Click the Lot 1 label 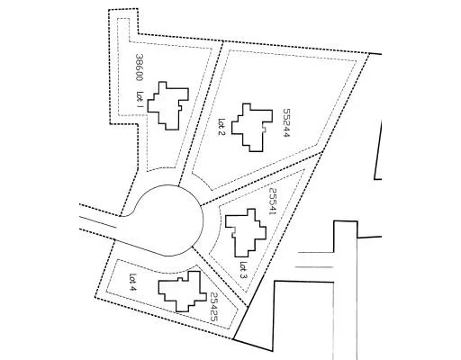[x=140, y=99]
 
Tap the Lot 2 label [x=221, y=127]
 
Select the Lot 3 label [x=244, y=270]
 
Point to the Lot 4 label [x=133, y=282]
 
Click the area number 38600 [x=139, y=67]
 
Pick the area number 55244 [x=286, y=122]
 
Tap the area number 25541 [x=272, y=202]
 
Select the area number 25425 [x=213, y=307]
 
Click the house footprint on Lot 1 [x=168, y=105]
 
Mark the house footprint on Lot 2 [x=252, y=128]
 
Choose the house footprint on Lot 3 [x=246, y=233]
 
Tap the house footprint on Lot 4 [x=182, y=292]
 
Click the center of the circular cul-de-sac [x=169, y=220]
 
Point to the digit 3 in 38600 [x=139, y=56]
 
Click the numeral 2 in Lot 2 [x=221, y=132]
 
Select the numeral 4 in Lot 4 [x=133, y=288]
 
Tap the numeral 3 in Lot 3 [x=244, y=276]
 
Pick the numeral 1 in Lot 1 [x=140, y=105]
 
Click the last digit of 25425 [x=213, y=319]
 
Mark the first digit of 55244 [x=286, y=111]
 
